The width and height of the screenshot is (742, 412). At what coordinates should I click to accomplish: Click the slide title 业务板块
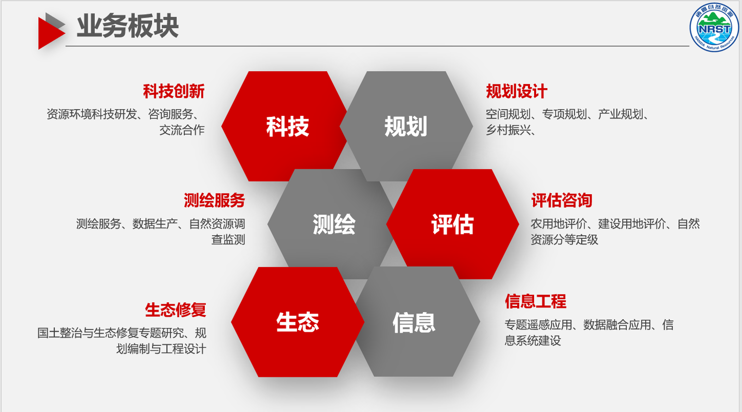click(x=128, y=26)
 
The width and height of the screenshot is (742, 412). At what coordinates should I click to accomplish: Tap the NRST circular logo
click(x=714, y=27)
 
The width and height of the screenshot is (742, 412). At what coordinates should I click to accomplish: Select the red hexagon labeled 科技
click(x=284, y=126)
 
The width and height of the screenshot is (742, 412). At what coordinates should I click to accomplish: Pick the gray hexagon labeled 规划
click(x=407, y=126)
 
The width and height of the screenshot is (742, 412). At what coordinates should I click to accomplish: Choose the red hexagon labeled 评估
click(x=452, y=224)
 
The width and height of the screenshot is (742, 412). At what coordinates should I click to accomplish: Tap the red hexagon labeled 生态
click(x=297, y=322)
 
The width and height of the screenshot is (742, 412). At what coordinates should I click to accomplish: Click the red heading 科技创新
click(x=173, y=91)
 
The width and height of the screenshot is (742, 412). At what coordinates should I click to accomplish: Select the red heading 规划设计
click(x=517, y=91)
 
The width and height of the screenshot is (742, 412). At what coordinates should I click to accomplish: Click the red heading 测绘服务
click(x=215, y=200)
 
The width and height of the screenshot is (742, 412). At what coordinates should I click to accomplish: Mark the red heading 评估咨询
click(x=562, y=200)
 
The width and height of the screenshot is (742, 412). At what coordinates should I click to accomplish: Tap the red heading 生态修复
click(x=175, y=310)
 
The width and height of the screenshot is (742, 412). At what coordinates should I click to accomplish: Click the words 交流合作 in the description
click(x=182, y=130)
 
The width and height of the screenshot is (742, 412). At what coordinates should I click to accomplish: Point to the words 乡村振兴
click(x=508, y=130)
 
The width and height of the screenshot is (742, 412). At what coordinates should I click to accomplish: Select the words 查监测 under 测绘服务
click(x=228, y=239)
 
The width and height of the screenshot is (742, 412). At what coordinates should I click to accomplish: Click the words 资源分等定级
click(x=564, y=239)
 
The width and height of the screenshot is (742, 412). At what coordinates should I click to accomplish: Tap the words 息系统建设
click(x=533, y=340)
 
